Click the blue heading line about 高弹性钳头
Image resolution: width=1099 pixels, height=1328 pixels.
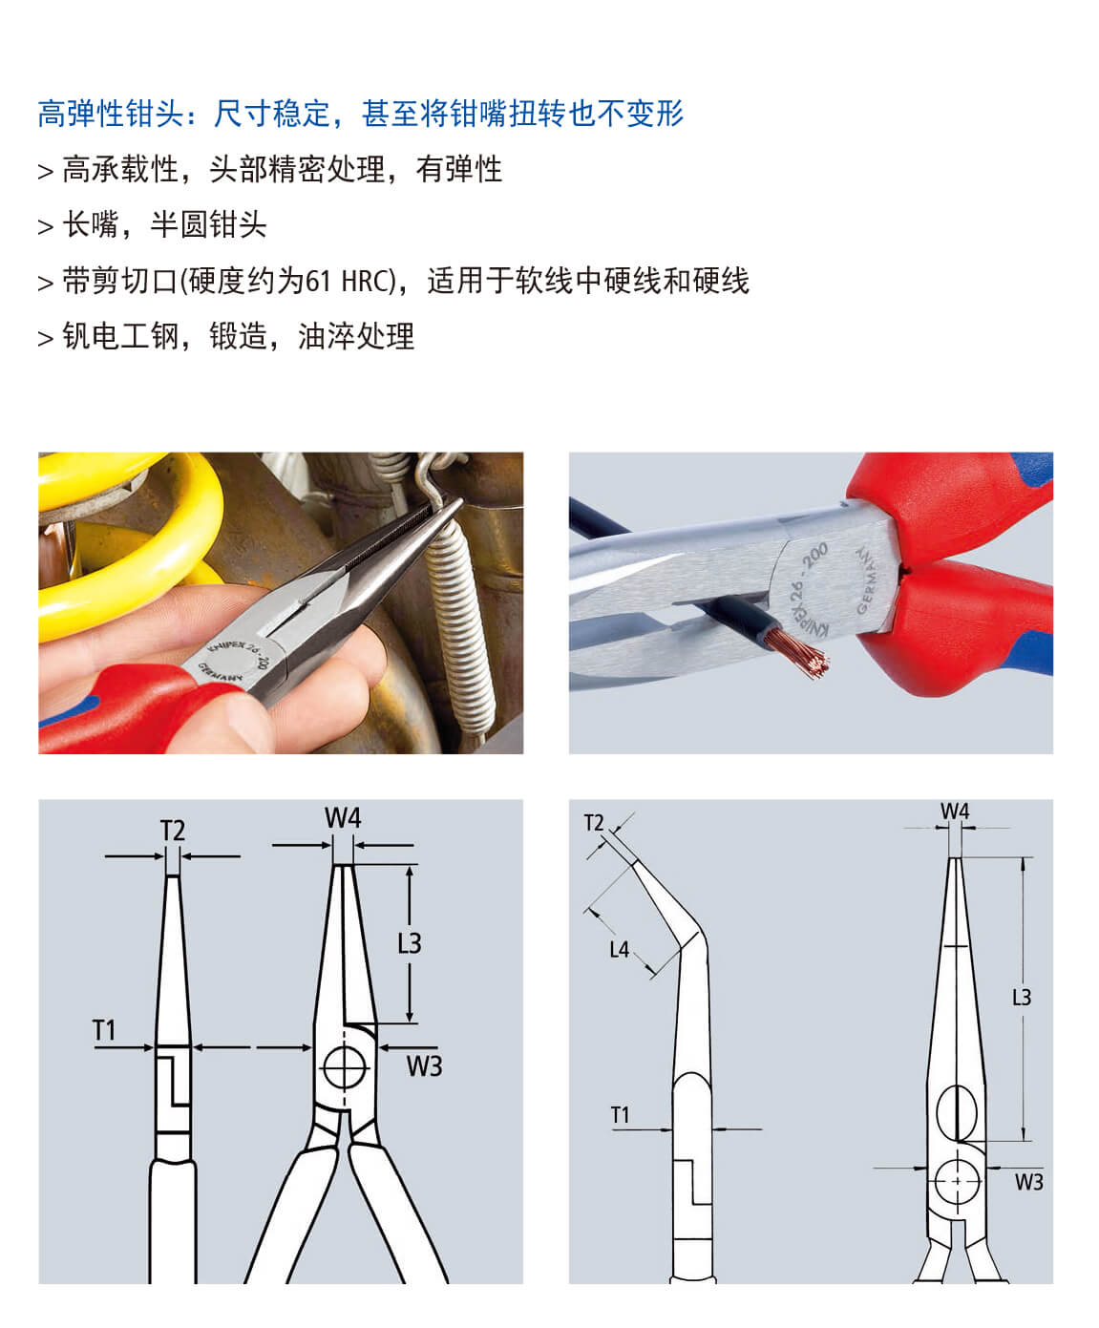tap(361, 114)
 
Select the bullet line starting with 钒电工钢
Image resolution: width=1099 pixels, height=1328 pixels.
tap(238, 336)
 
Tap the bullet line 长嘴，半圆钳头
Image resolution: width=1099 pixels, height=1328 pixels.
tap(163, 225)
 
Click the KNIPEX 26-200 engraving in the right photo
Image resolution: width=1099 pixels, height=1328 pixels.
tap(808, 586)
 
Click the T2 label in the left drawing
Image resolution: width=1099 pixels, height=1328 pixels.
tap(172, 831)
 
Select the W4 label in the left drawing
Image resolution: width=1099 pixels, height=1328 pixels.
tap(343, 818)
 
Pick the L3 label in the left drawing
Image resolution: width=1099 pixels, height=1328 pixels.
tap(409, 943)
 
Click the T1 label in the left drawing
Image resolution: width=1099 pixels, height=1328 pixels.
tap(103, 1030)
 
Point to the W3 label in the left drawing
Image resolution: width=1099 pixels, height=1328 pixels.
tap(424, 1066)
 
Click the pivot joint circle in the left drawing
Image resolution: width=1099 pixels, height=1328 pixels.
tap(346, 1066)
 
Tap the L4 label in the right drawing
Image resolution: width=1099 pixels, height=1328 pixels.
tap(620, 949)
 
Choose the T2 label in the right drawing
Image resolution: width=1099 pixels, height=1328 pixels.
tap(594, 823)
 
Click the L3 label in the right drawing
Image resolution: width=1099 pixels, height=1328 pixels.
tap(1021, 998)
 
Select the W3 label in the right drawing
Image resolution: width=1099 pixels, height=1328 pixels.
tap(1028, 1182)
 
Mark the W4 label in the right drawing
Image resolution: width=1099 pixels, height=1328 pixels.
tap(955, 812)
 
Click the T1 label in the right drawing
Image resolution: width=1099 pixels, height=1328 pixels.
tap(620, 1114)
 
